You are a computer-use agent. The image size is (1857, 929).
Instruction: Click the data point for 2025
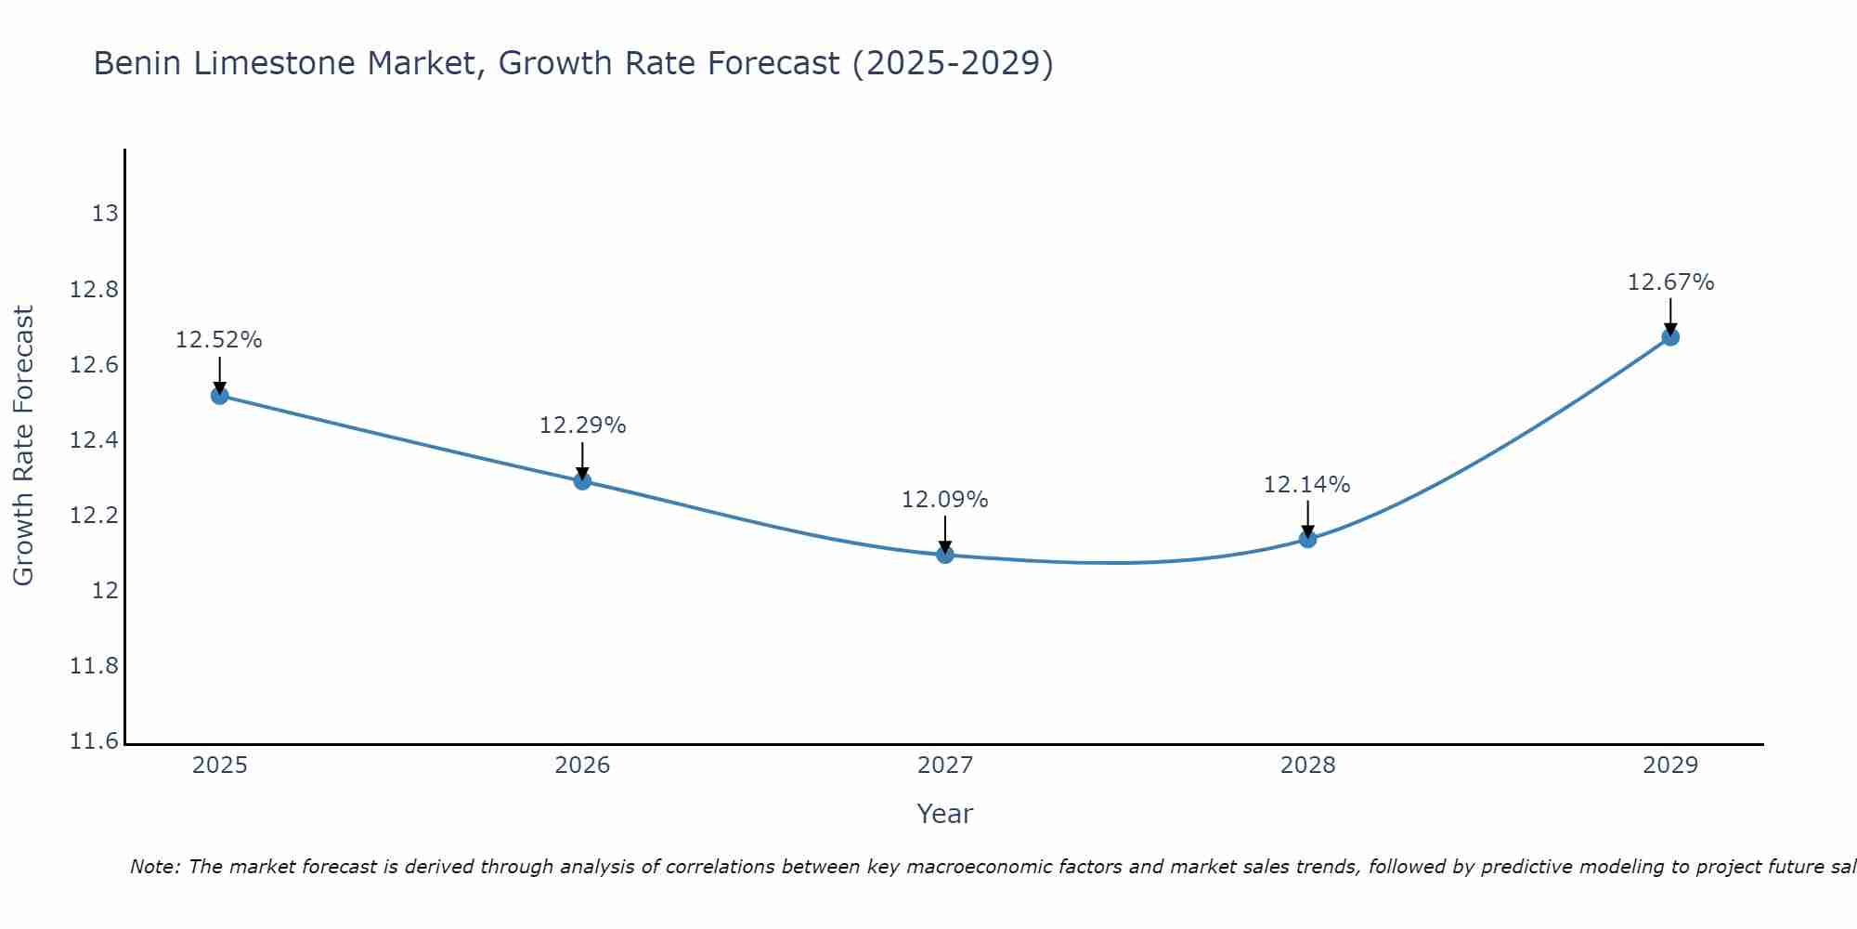tap(219, 396)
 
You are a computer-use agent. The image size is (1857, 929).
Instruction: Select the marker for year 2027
tap(945, 555)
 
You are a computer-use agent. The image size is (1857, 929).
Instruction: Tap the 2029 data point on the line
tap(1670, 337)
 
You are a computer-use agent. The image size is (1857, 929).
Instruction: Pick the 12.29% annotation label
tap(582, 425)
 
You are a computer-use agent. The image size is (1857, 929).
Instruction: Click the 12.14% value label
tap(1306, 485)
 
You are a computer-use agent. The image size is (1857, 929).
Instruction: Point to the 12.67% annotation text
tap(1670, 282)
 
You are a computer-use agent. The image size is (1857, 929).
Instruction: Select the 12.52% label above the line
tap(219, 341)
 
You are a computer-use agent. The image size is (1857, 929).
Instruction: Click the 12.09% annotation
tap(944, 500)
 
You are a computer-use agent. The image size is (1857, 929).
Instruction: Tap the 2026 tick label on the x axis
tap(582, 765)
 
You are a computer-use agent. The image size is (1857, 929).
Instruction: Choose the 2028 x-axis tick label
tap(1307, 765)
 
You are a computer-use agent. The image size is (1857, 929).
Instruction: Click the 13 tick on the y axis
tap(105, 214)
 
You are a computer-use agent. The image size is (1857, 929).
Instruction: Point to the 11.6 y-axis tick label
tap(95, 741)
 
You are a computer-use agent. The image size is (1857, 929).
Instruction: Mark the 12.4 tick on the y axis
tap(95, 440)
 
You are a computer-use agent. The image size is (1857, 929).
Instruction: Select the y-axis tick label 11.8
tap(95, 666)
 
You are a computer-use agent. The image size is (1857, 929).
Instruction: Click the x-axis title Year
tap(944, 814)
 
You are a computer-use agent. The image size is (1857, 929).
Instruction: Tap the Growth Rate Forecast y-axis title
tap(23, 446)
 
